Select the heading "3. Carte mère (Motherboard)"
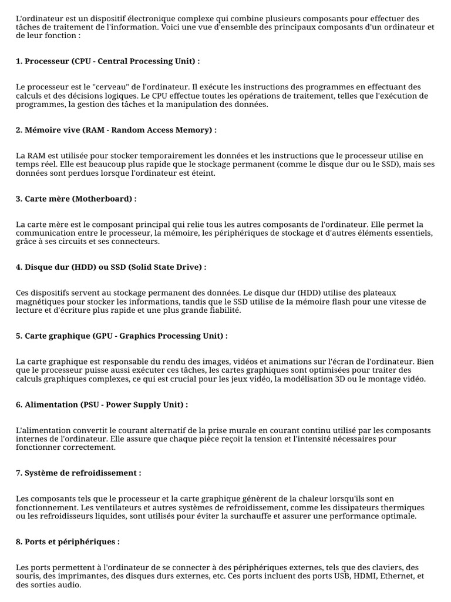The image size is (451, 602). point(76,199)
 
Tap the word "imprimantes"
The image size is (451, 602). point(74,577)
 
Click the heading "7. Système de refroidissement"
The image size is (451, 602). point(79,473)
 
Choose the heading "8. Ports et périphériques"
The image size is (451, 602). point(68,541)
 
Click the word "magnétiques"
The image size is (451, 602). point(42,302)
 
